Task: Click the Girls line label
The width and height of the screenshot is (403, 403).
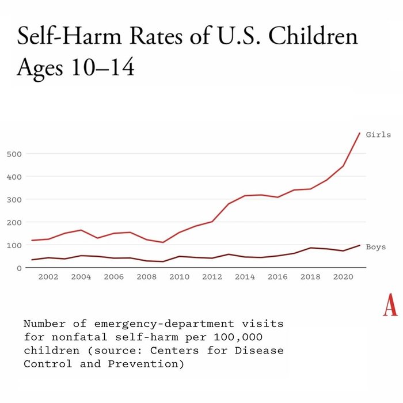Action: point(378,135)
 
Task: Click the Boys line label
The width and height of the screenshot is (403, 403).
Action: point(376,247)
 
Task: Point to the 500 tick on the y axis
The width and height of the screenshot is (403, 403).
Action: point(16,154)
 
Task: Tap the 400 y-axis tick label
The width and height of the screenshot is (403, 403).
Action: point(16,177)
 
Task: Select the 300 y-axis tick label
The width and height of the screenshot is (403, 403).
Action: point(16,200)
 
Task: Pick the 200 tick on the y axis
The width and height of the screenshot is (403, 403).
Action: point(16,222)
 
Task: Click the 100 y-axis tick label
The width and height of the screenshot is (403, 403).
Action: point(16,245)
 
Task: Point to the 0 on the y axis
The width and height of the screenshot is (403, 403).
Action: point(20,268)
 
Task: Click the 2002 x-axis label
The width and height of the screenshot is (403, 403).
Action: point(48,277)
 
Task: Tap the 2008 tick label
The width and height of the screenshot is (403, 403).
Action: point(146,277)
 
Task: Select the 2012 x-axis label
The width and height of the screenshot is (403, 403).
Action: point(212,277)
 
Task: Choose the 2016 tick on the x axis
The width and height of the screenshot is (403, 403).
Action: point(277,277)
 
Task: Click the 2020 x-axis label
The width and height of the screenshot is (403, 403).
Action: point(343,277)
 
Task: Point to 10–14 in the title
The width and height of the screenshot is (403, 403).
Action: point(99,67)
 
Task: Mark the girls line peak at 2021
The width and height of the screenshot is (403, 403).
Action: point(360,133)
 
